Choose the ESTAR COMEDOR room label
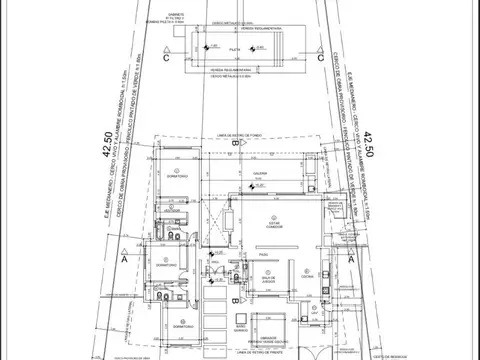[274, 224]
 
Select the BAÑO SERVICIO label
[241, 327]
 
